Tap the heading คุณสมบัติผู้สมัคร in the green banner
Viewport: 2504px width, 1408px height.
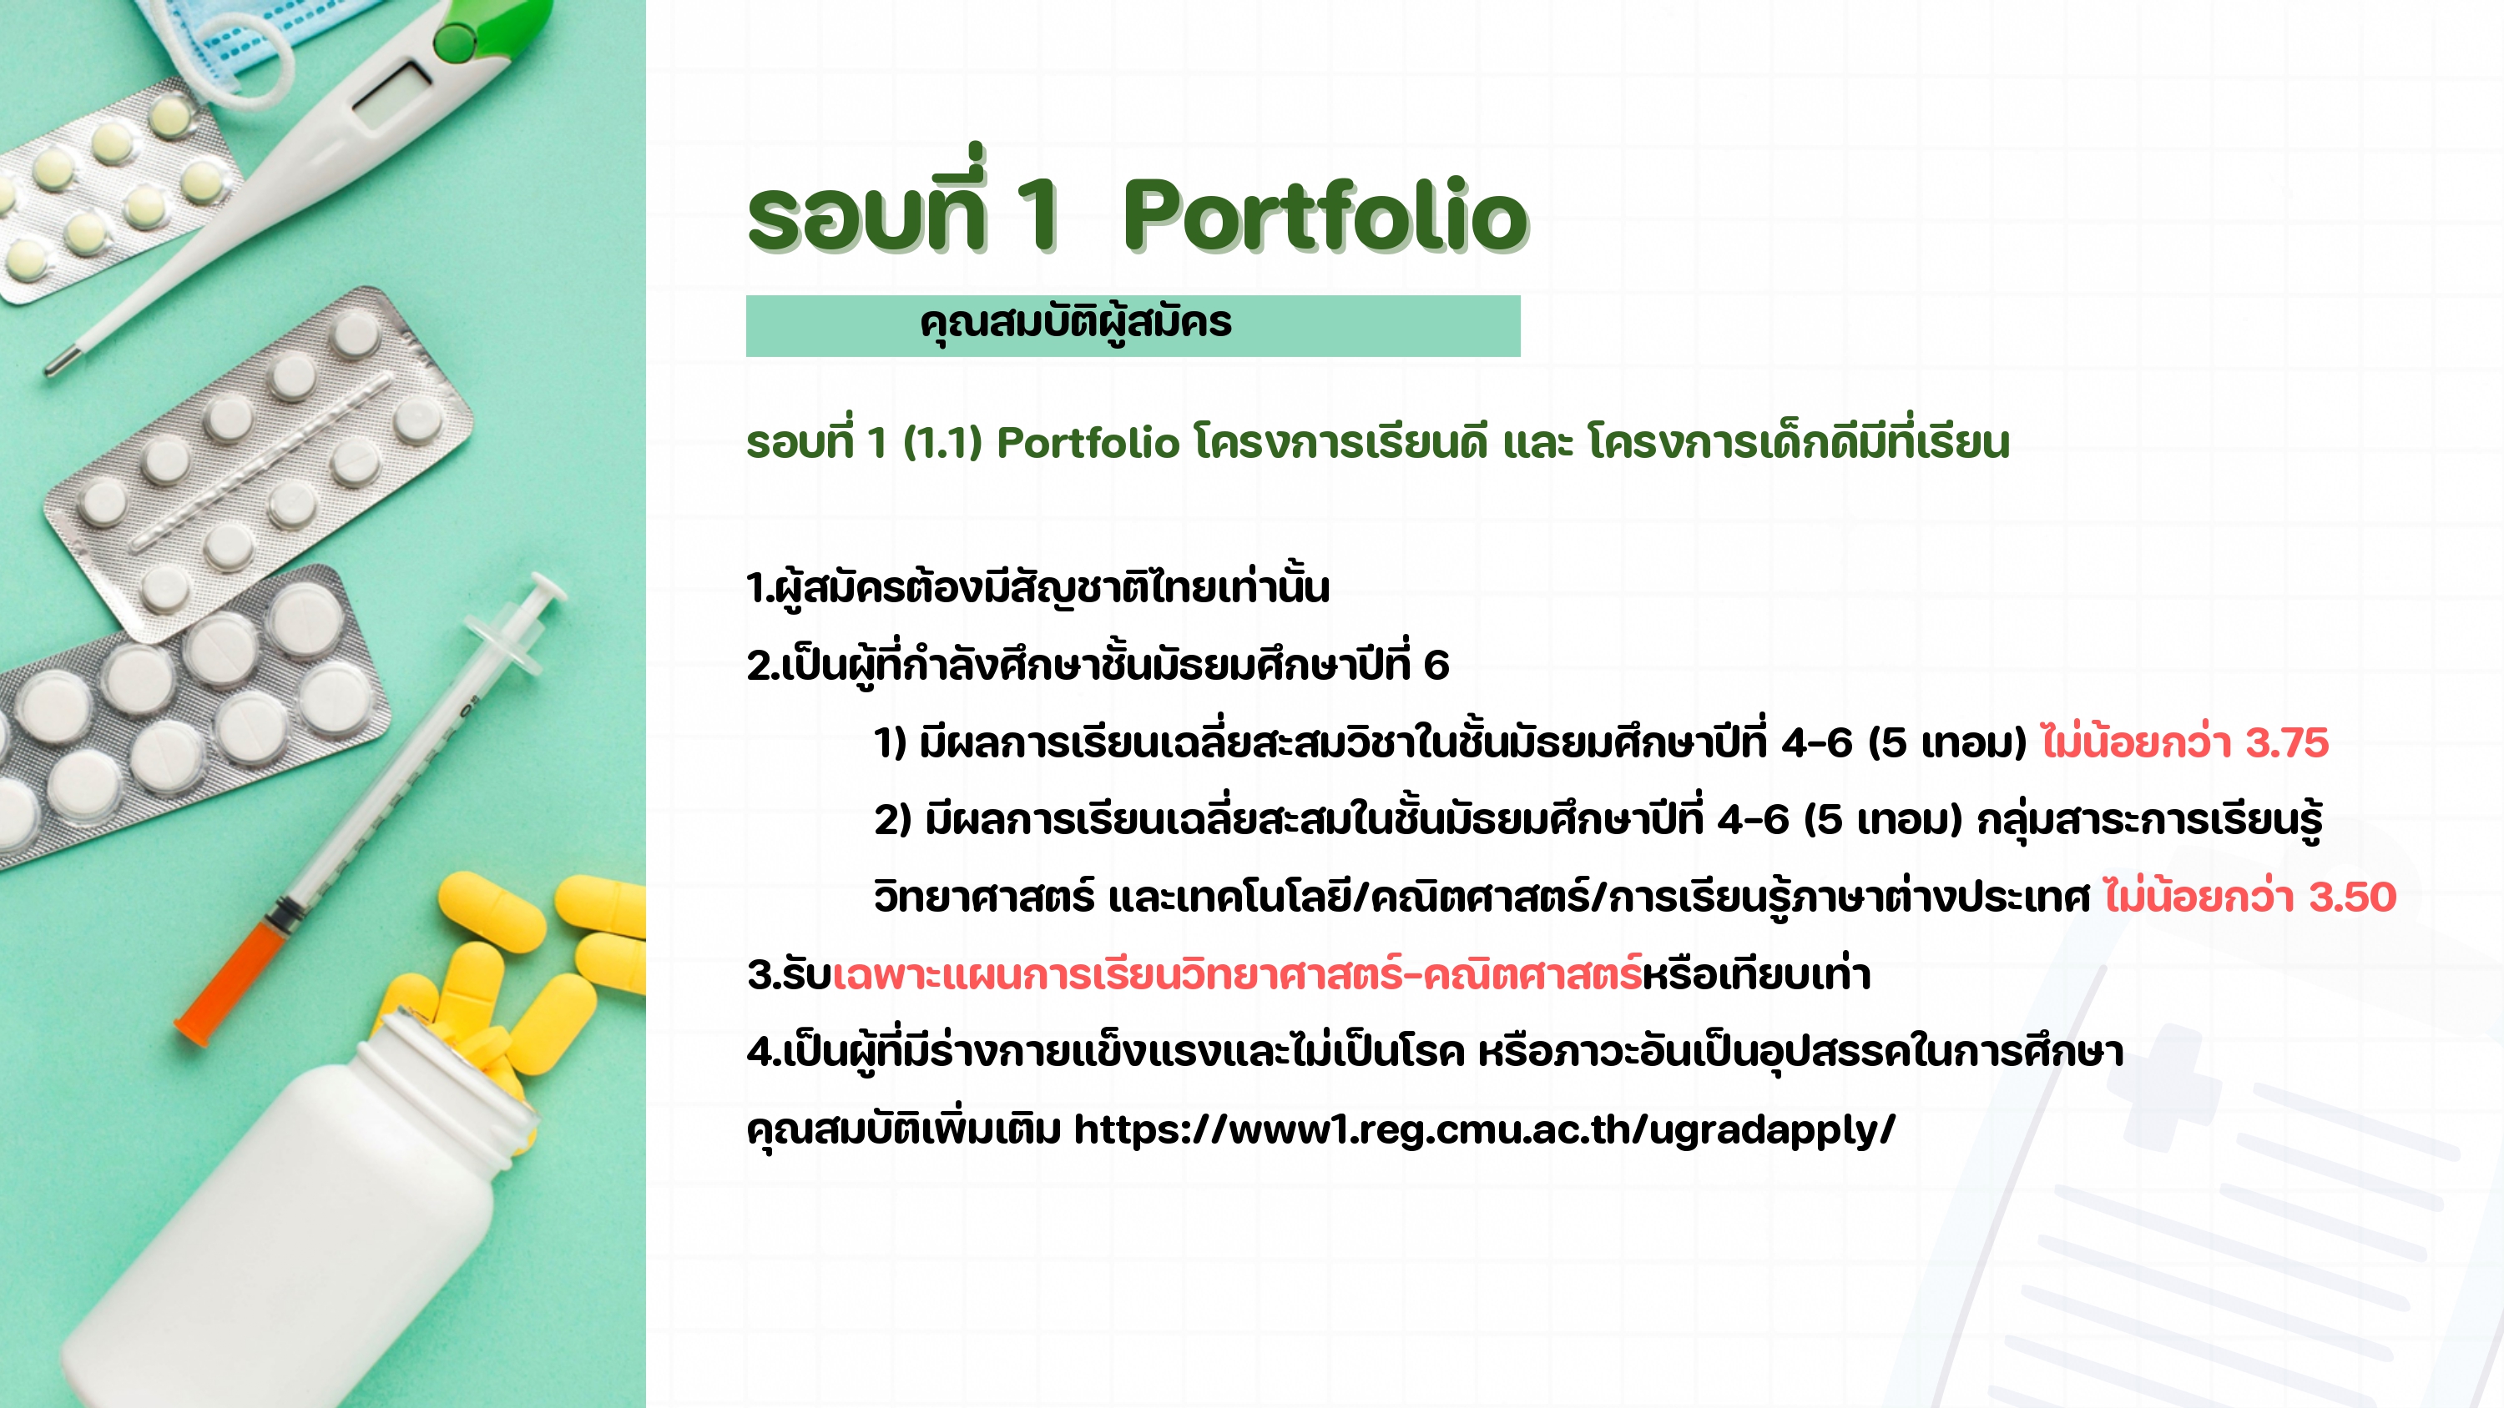click(x=1076, y=324)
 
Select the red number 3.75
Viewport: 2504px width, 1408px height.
click(x=2287, y=743)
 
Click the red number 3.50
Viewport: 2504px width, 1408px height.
click(x=2352, y=897)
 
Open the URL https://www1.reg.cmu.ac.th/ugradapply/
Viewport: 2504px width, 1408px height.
click(x=1484, y=1130)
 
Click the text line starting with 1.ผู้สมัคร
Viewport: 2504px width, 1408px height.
click(x=1037, y=588)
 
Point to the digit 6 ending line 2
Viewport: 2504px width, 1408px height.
click(x=1436, y=666)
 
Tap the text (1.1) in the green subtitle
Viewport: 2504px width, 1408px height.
click(x=942, y=443)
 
